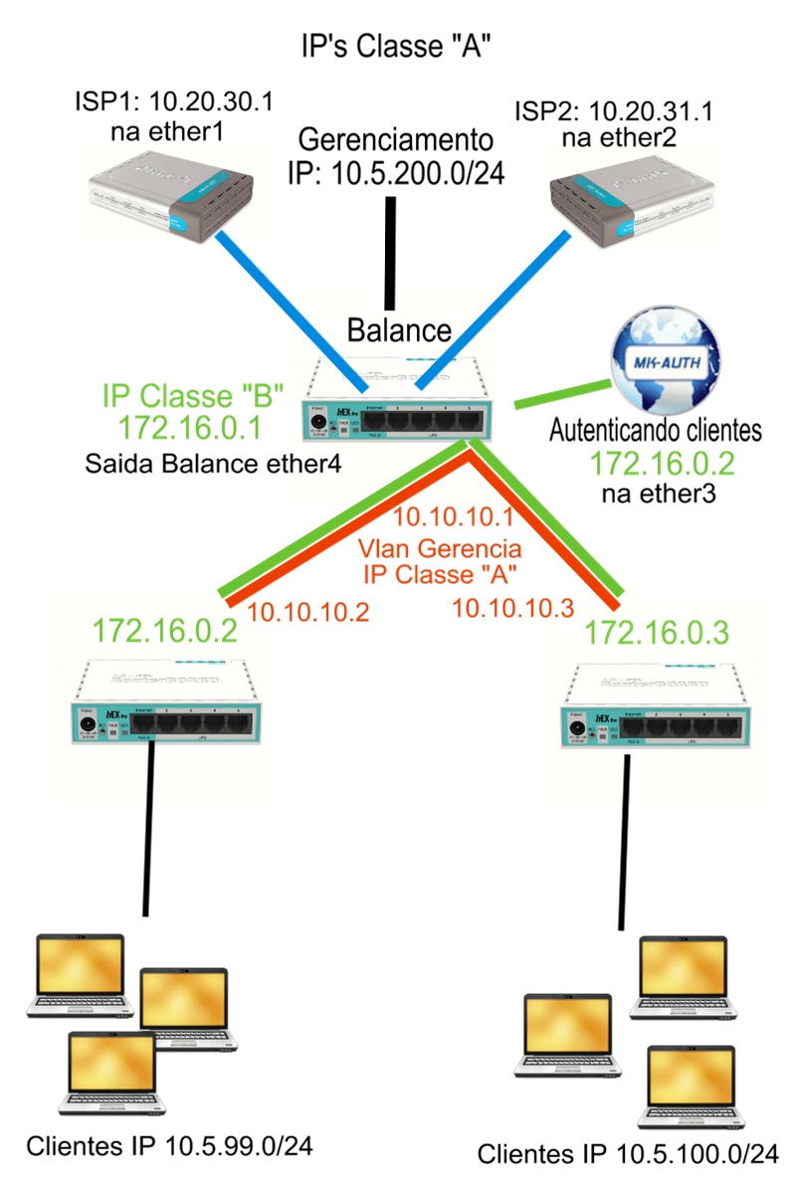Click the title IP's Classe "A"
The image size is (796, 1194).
pos(397,46)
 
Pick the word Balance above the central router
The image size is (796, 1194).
pos(399,330)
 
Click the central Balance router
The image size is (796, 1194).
pos(398,403)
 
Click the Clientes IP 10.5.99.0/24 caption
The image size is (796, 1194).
pos(170,1146)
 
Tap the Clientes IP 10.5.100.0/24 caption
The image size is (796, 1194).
pos(628,1155)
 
